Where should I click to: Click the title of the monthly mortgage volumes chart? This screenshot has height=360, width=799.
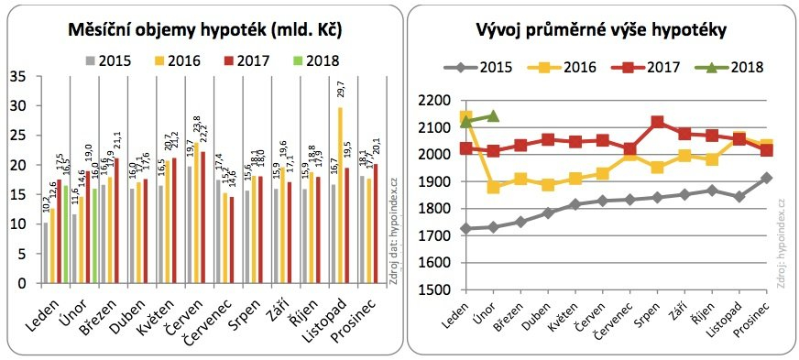[205, 30]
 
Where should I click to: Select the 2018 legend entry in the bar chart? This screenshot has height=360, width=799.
[315, 61]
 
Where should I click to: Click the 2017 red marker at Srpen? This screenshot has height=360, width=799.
[657, 122]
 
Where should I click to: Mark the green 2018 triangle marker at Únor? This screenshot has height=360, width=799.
[494, 116]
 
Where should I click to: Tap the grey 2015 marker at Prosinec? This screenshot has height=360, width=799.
[766, 178]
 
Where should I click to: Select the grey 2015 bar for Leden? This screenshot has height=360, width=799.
[46, 253]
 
